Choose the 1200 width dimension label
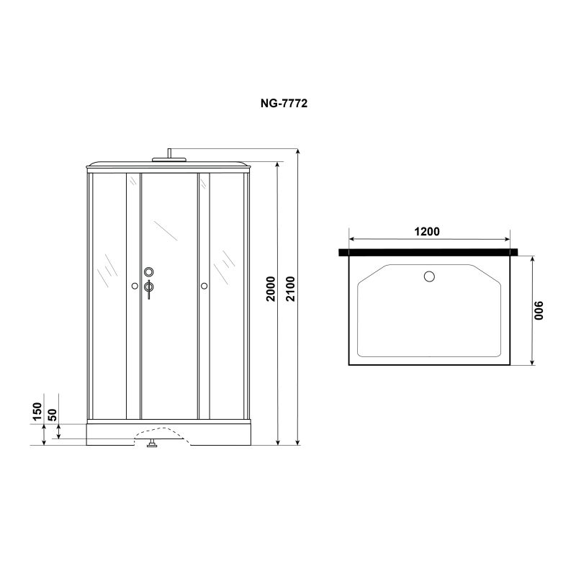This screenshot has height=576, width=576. point(428,232)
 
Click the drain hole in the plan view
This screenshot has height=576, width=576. point(430,276)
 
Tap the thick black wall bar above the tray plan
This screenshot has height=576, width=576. point(430,253)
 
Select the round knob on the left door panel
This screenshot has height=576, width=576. point(135,287)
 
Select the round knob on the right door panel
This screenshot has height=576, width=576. point(204,287)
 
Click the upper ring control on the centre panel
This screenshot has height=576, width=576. point(149,272)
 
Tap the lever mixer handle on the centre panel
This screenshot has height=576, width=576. point(149,289)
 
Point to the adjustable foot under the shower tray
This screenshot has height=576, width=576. point(152,445)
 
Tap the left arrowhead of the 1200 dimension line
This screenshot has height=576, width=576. point(351,240)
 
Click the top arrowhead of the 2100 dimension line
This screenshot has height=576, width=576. point(297,151)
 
